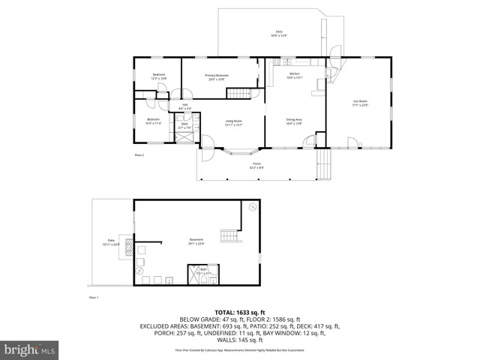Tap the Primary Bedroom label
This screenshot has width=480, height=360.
coord(217,76)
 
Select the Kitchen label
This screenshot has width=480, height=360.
coord(295,75)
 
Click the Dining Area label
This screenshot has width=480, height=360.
coord(294,121)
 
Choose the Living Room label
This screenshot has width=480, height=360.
coord(233,124)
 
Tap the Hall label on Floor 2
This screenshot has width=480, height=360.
coord(184,106)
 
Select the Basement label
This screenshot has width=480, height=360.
coord(196,241)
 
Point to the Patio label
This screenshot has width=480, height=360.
coord(109,244)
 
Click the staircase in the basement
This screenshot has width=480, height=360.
coord(229,237)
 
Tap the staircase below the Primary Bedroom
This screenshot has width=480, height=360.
coord(238,93)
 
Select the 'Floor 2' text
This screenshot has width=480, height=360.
coord(139,155)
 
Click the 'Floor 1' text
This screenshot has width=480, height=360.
coord(94,298)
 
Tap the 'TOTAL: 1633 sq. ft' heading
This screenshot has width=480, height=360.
coord(239,311)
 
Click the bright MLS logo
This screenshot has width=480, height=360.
coord(30,349)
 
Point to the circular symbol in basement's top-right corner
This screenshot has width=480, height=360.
coord(253,205)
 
